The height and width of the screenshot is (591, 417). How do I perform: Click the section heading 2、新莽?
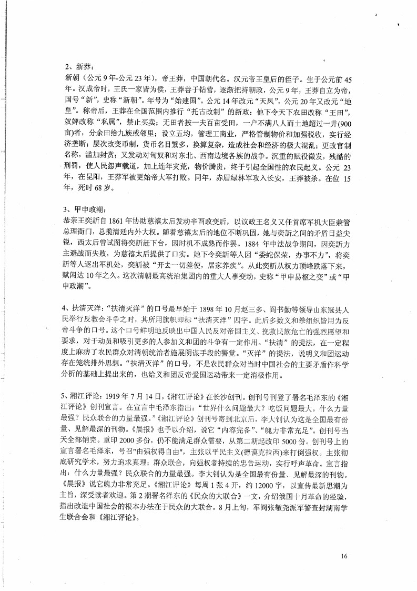[77, 67]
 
